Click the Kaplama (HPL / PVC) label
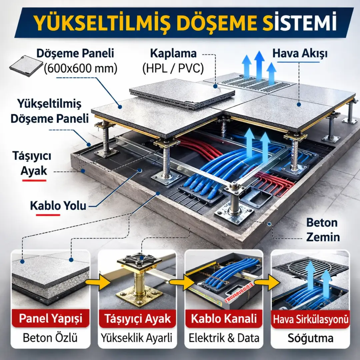click(173, 61)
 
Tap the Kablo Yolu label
click(58, 206)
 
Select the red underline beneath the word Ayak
click(33, 180)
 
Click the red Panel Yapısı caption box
click(50, 318)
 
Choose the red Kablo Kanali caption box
click(224, 318)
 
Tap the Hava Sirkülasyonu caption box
click(311, 319)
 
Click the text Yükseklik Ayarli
click(137, 338)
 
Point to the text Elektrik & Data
click(224, 338)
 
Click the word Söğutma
click(311, 338)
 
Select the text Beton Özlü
click(50, 338)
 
